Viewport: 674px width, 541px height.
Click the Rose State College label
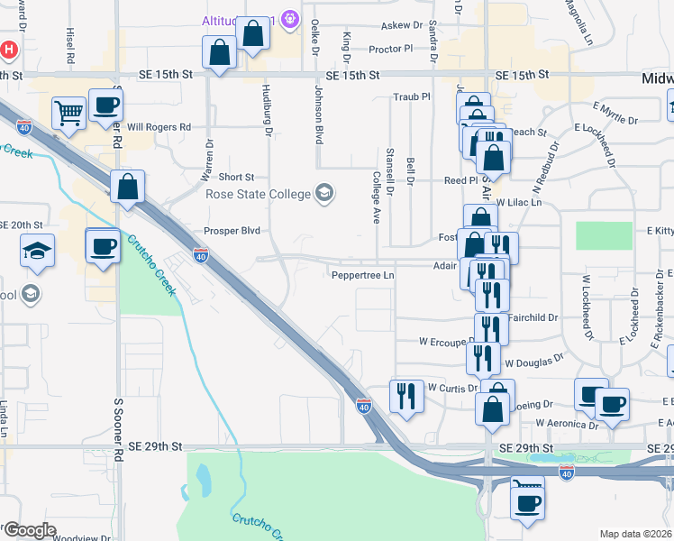(x=257, y=194)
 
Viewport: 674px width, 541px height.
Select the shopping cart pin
(x=68, y=114)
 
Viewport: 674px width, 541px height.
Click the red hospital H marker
(x=9, y=50)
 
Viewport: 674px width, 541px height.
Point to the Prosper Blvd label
(x=232, y=231)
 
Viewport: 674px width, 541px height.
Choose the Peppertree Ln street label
(x=363, y=275)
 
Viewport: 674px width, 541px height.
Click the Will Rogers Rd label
(x=159, y=127)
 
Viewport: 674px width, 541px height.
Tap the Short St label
(x=237, y=178)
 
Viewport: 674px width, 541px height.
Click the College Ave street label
(x=376, y=197)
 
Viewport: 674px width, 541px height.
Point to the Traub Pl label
(x=412, y=96)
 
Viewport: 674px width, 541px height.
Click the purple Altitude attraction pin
(x=290, y=17)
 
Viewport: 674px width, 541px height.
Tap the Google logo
(x=29, y=529)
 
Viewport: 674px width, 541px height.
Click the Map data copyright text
(x=636, y=534)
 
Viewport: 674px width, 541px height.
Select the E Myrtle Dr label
(x=615, y=119)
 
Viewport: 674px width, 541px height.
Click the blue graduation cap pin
(x=38, y=250)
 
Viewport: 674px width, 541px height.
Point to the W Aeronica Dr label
(x=566, y=422)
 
